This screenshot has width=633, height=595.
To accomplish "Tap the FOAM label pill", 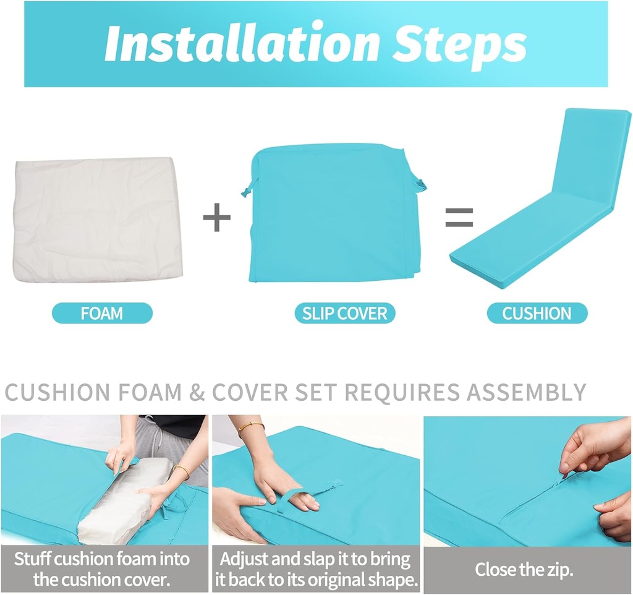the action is (102, 313).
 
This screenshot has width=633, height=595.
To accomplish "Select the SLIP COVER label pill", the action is (345, 313).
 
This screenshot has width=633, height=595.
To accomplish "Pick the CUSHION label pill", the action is (537, 313).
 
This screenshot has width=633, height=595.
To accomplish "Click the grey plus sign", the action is (217, 217).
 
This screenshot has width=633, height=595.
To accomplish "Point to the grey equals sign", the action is (459, 217).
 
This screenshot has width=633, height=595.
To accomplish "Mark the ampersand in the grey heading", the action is (197, 392).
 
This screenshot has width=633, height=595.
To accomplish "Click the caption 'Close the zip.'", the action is (524, 570).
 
